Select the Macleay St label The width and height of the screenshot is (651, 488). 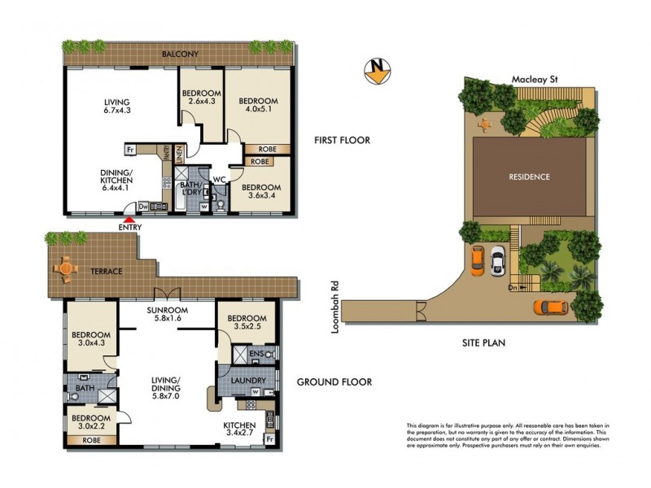pos(533,80)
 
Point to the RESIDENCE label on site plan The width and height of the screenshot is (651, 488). pos(530,176)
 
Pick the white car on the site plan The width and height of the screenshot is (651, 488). pos(497,262)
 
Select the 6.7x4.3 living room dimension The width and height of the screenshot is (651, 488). pos(117,111)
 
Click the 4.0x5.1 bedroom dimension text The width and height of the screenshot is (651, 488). pos(258,111)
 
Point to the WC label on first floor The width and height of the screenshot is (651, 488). pos(219,179)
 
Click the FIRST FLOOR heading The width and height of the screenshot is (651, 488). pos(342,140)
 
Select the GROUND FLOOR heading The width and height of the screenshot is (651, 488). pos(334,382)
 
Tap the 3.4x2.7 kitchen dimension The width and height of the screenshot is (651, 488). pos(240,435)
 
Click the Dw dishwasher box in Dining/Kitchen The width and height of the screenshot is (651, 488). pos(143,207)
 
